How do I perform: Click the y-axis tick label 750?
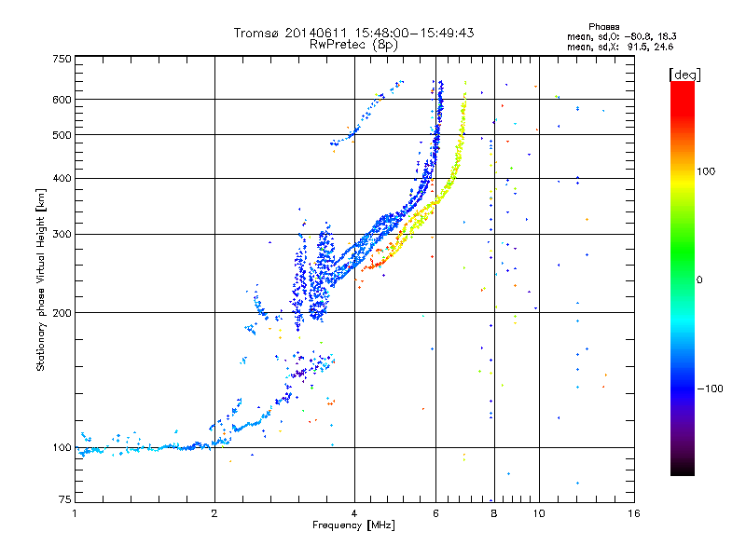tap(62, 59)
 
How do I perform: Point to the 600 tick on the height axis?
tap(62, 100)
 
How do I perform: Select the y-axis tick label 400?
tap(62, 178)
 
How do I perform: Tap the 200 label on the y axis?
tap(62, 313)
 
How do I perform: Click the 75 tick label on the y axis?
tap(65, 499)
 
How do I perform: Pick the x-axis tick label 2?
tap(214, 513)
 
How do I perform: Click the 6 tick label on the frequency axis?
tap(435, 513)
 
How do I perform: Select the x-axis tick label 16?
tap(634, 513)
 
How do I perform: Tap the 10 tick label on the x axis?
tap(539, 513)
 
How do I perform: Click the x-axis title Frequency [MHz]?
tap(353, 525)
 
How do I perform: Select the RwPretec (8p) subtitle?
tap(353, 45)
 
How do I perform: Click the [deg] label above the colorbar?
tap(684, 75)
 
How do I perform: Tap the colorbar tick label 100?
tap(706, 171)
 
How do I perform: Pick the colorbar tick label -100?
tap(710, 389)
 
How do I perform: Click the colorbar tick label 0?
tap(699, 280)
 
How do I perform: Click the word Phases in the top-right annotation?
tap(603, 27)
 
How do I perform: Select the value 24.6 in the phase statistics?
tap(663, 48)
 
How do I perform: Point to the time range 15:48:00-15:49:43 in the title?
tap(414, 33)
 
